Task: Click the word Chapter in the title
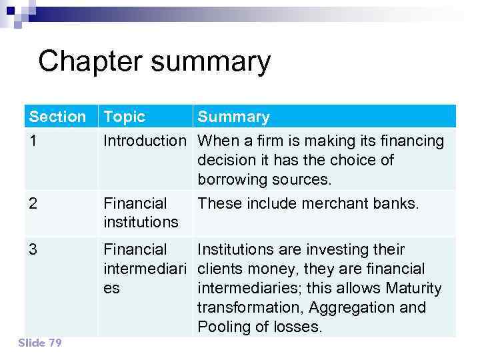[91, 62]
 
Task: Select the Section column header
[57, 117]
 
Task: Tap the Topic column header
[125, 117]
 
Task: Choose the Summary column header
[233, 117]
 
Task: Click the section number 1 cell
[33, 141]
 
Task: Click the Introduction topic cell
[145, 141]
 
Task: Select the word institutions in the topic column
[141, 221]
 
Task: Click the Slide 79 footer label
[40, 343]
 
